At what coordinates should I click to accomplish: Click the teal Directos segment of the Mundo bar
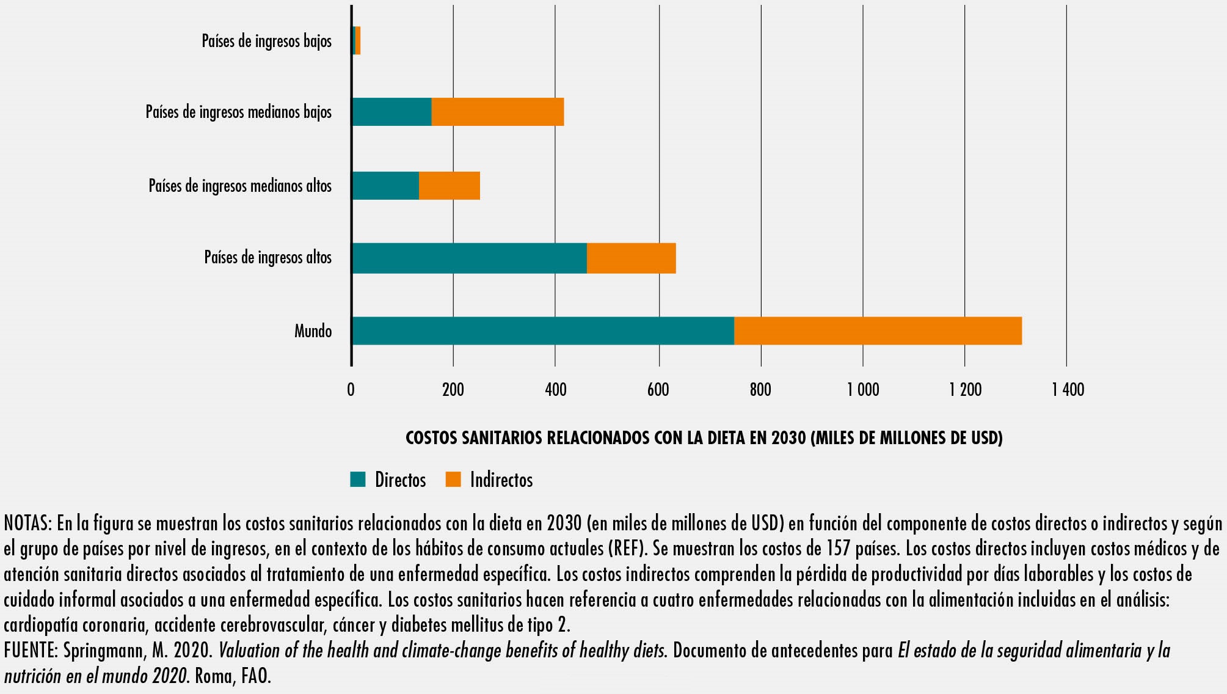pyautogui.click(x=543, y=331)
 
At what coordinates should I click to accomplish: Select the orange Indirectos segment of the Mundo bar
pyautogui.click(x=878, y=331)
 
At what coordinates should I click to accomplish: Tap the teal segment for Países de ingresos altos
pyautogui.click(x=469, y=258)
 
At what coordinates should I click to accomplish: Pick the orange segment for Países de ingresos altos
pyautogui.click(x=631, y=258)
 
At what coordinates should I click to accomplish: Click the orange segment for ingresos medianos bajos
pyautogui.click(x=497, y=112)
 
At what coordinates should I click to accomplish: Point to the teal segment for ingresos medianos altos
pyautogui.click(x=385, y=186)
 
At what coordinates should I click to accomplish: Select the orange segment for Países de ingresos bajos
pyautogui.click(x=358, y=40)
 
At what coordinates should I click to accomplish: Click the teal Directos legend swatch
pyautogui.click(x=358, y=480)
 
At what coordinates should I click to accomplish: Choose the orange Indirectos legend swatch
pyautogui.click(x=453, y=480)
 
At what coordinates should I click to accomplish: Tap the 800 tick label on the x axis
pyautogui.click(x=760, y=390)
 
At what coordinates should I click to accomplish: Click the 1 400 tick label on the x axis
pyautogui.click(x=1068, y=390)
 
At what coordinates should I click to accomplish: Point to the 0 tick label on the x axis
pyautogui.click(x=351, y=390)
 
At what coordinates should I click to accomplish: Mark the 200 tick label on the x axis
pyautogui.click(x=453, y=390)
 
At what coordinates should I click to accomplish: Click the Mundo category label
pyautogui.click(x=313, y=331)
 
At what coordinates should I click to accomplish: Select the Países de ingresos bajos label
pyautogui.click(x=266, y=41)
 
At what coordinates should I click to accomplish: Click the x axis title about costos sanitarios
pyautogui.click(x=704, y=438)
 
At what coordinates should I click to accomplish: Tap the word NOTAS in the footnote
pyautogui.click(x=27, y=524)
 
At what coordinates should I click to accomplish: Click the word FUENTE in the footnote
pyautogui.click(x=30, y=651)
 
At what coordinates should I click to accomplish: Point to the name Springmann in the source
pyautogui.click(x=103, y=651)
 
